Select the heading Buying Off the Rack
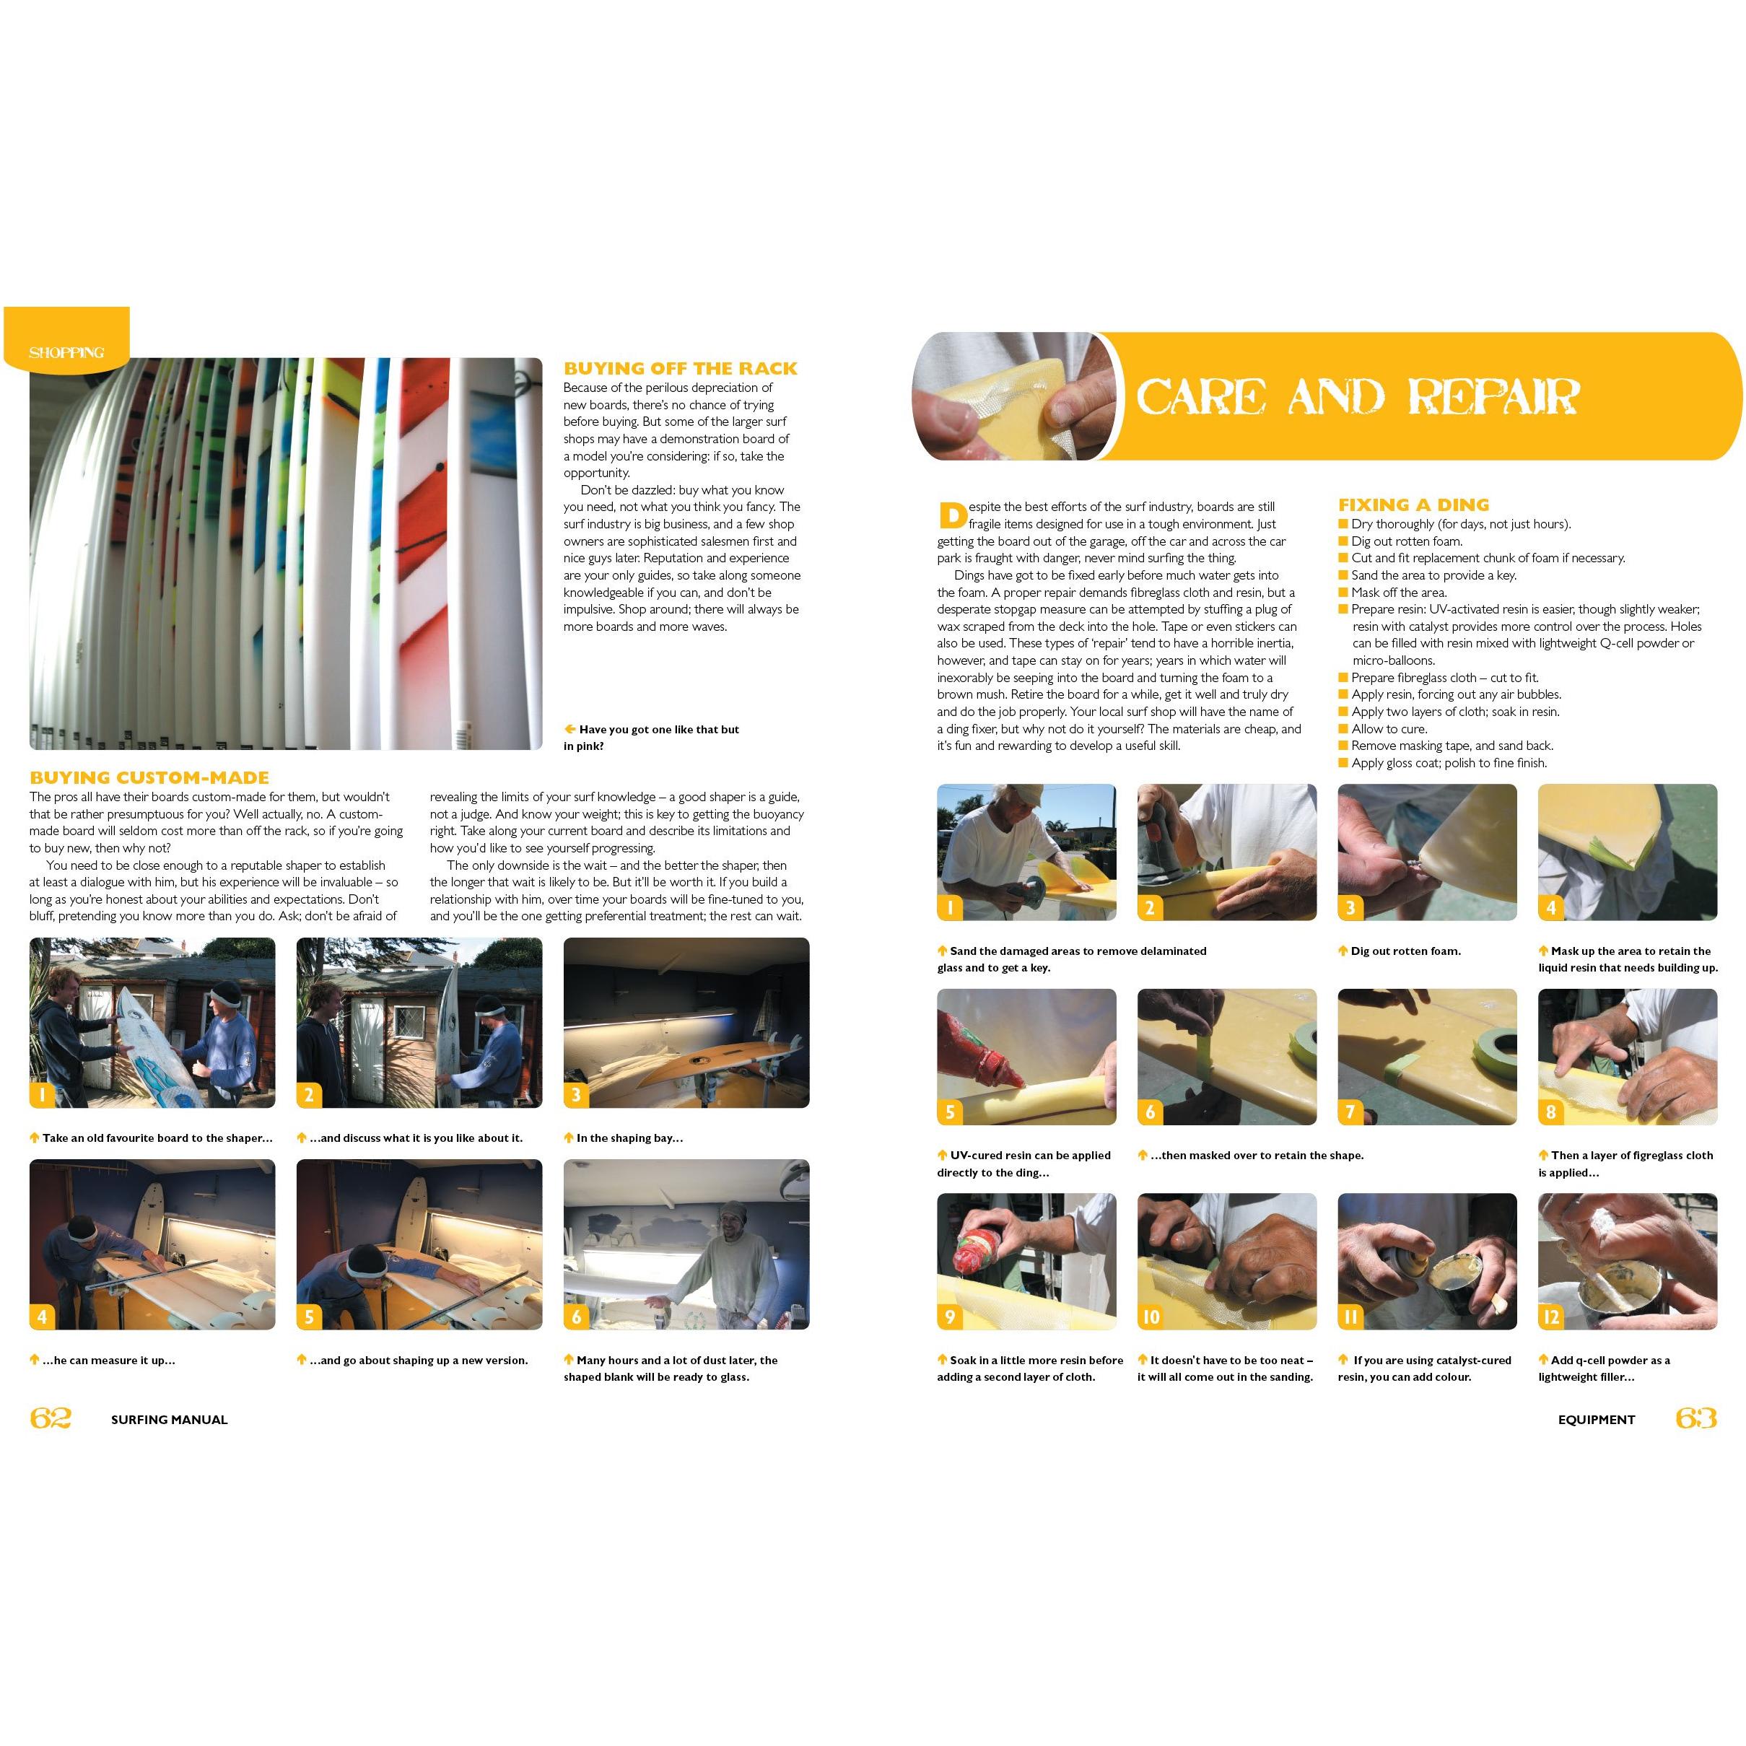point(681,369)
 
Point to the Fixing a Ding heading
point(1413,505)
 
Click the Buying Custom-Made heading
point(149,777)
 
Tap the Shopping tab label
point(66,352)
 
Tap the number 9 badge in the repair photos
point(950,1317)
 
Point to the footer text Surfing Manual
point(169,1420)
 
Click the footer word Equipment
point(1596,1420)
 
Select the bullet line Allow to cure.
point(1389,729)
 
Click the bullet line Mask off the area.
point(1392,593)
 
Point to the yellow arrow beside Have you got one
point(570,729)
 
